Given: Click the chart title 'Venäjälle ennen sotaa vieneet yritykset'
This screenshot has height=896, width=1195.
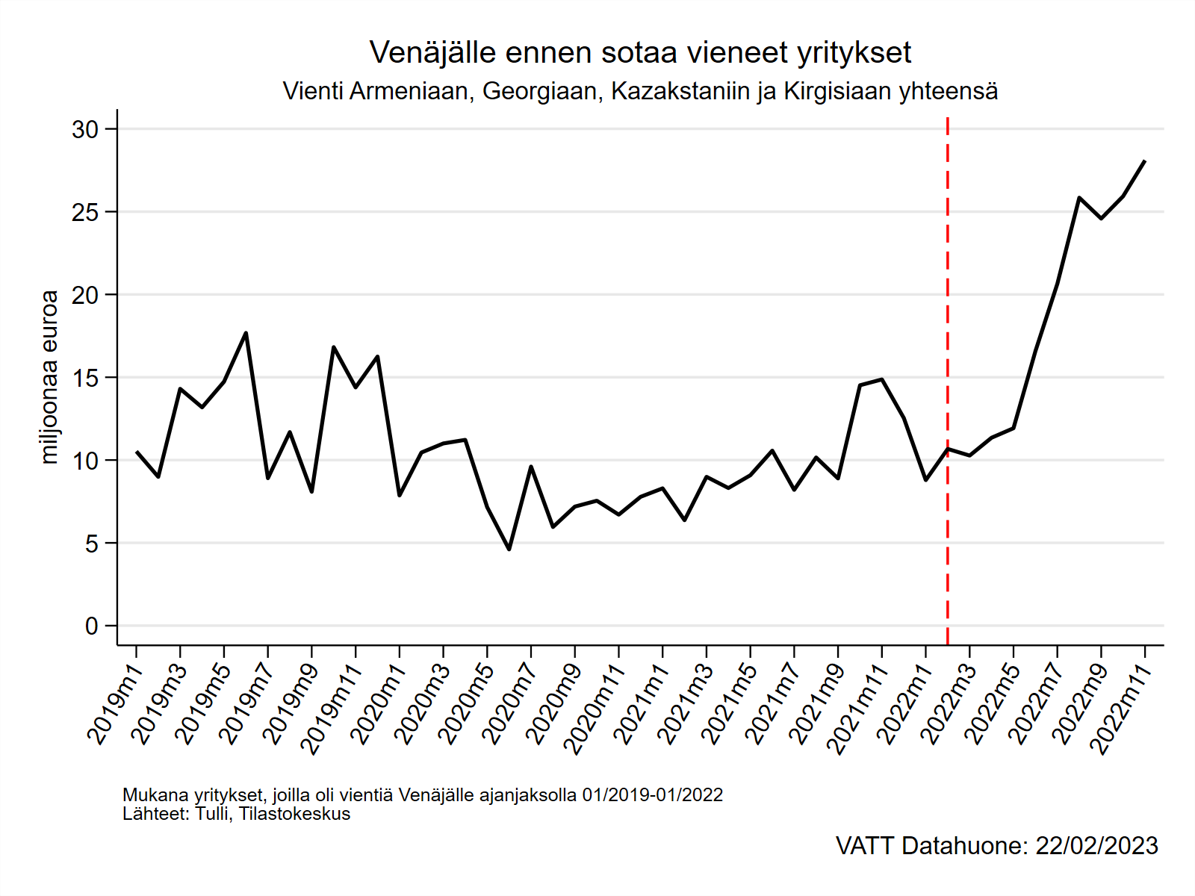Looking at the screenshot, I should pos(640,53).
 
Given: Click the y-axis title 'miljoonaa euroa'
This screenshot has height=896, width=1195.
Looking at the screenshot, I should pos(49,377).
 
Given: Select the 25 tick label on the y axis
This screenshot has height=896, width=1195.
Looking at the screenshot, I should pos(86,213).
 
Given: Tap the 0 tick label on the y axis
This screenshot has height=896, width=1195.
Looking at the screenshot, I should pos(91,626).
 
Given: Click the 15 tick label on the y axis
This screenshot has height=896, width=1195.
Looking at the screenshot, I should pos(86,379).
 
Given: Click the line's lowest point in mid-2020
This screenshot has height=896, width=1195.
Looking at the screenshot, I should pos(509,550).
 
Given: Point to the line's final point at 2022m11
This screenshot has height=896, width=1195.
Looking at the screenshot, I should pos(1144,161).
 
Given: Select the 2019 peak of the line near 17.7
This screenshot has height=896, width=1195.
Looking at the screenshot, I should pos(246,333).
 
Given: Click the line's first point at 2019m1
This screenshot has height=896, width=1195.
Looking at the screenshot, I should pos(137,452).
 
